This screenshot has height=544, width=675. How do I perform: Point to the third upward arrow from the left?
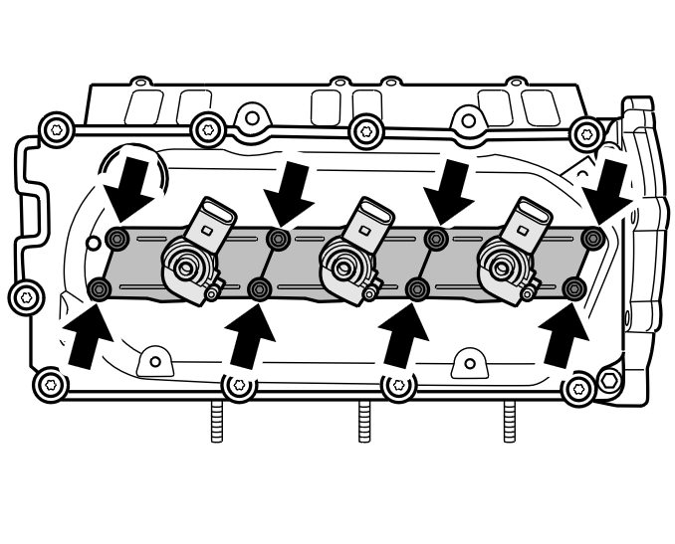click(406, 335)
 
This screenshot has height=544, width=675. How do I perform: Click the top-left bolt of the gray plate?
click(117, 239)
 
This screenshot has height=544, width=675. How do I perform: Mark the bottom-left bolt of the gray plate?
click(100, 289)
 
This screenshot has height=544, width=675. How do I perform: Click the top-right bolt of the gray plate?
click(593, 238)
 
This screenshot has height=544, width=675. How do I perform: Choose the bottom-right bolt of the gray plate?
click(573, 289)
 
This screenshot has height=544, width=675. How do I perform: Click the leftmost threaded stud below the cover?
click(217, 422)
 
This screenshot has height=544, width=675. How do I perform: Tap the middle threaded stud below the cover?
click(364, 422)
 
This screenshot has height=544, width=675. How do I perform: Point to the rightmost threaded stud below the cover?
click(510, 422)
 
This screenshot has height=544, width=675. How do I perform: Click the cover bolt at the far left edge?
click(26, 295)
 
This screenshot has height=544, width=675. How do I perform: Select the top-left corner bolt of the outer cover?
click(56, 129)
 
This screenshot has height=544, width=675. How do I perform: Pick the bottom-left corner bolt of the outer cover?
click(50, 383)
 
